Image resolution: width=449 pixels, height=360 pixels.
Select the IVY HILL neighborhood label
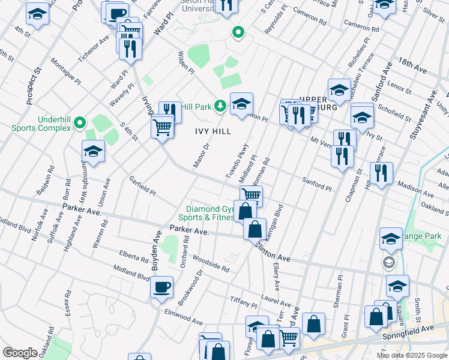[209, 129]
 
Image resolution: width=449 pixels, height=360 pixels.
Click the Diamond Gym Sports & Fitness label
[209, 213]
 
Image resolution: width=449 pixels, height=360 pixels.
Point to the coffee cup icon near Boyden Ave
[161, 288]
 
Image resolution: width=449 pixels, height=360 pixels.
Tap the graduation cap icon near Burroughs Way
[94, 152]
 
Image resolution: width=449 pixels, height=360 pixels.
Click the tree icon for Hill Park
[220, 107]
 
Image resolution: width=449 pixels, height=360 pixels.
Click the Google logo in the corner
[20, 353]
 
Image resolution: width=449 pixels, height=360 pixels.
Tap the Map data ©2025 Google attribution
[412, 355]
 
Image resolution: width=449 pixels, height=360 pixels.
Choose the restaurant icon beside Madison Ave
[381, 173]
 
